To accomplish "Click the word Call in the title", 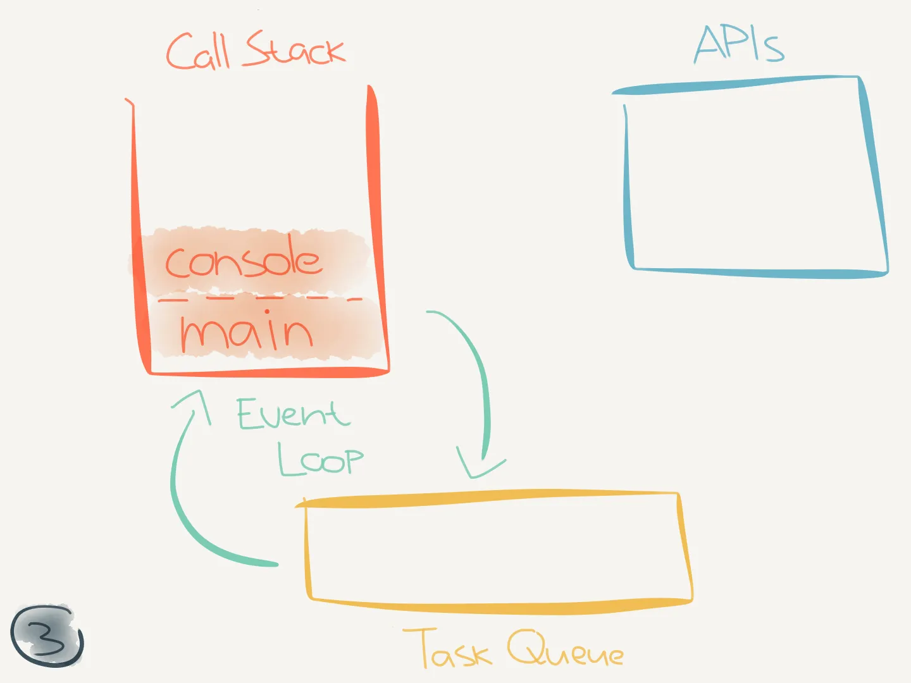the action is tap(198, 52).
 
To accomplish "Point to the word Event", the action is tap(294, 413).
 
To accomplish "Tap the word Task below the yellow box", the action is tap(447, 648).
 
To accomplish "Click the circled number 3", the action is tap(47, 636).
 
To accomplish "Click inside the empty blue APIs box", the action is tap(753, 178).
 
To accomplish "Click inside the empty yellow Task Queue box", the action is tap(494, 551).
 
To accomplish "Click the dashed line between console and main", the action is tap(260, 298).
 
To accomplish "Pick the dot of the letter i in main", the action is tap(267, 311).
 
